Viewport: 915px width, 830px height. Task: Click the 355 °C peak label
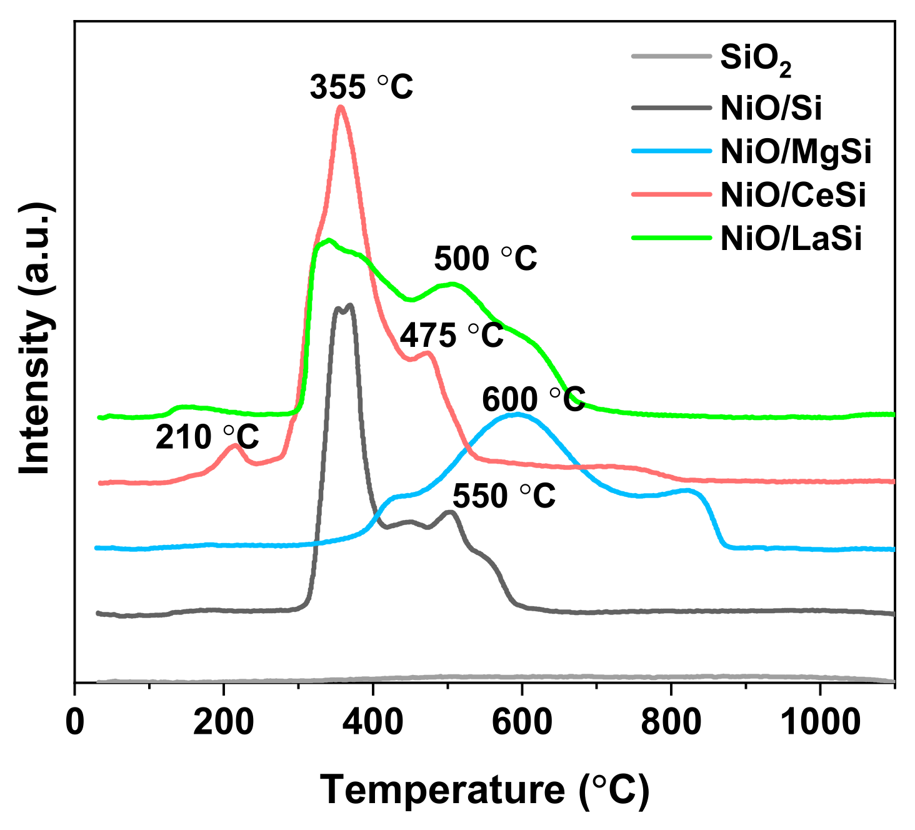click(x=361, y=87)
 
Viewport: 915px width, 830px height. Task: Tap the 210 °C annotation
click(x=207, y=437)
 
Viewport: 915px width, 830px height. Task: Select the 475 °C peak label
click(x=451, y=336)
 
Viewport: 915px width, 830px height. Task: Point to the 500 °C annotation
click(x=486, y=258)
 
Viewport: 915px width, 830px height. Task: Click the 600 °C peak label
click(x=533, y=399)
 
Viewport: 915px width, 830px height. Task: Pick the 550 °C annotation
click(x=504, y=496)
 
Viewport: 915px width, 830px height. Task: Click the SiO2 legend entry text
click(x=756, y=58)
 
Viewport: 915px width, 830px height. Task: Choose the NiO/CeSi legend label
click(x=793, y=195)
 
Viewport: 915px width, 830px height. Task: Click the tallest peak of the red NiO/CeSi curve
click(x=341, y=107)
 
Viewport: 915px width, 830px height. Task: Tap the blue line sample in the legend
click(x=671, y=151)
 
